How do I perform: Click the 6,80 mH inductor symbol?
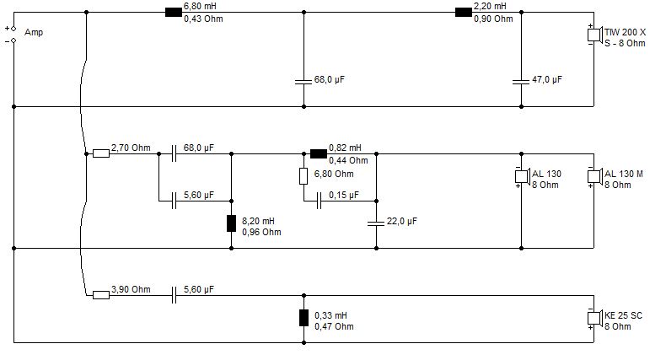174,13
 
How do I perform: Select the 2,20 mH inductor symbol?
464,13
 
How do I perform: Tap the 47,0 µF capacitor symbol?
521,81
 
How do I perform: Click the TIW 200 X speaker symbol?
595,35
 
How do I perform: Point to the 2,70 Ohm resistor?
101,153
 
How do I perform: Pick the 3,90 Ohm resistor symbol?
101,295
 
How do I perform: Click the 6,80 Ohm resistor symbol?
303,176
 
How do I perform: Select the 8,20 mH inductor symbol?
231,223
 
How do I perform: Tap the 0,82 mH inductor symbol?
319,153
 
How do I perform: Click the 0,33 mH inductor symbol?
303,318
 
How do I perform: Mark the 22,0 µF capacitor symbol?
376,223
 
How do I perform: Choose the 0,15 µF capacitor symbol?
319,201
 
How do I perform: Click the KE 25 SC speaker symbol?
595,318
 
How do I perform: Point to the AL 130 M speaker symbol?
595,176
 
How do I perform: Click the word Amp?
34,32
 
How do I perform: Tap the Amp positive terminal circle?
13,29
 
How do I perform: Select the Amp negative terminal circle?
13,40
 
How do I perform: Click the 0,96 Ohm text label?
261,232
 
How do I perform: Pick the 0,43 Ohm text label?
203,19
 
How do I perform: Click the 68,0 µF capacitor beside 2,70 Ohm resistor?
174,153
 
